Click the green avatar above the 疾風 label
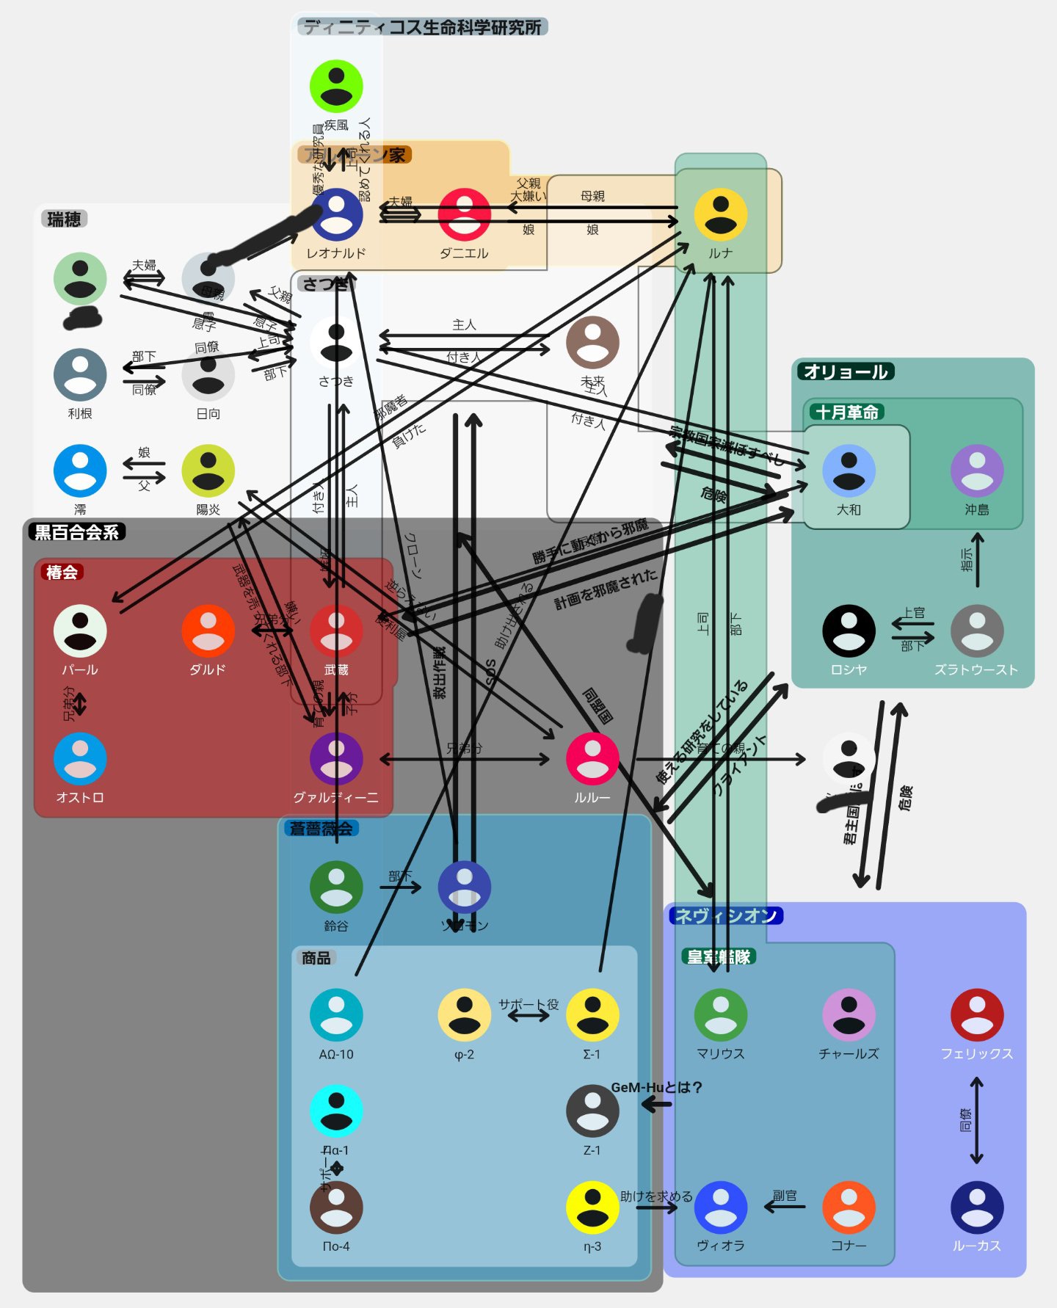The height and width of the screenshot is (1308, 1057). click(336, 86)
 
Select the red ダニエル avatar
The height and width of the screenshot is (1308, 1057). click(464, 214)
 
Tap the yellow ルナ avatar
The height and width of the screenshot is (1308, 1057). click(720, 214)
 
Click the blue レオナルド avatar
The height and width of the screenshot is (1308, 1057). click(336, 214)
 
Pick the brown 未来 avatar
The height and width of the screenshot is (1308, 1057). click(592, 343)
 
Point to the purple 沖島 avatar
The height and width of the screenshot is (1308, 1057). click(976, 470)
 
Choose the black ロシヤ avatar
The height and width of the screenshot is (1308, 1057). click(849, 631)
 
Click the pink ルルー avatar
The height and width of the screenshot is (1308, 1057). click(592, 759)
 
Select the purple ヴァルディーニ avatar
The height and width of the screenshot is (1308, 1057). click(336, 759)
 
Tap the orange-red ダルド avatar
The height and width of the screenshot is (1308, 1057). click(208, 631)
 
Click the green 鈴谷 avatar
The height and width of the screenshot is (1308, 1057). click(336, 887)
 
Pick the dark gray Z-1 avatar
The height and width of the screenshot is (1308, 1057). click(592, 1111)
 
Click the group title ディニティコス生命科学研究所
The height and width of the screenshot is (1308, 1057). click(422, 27)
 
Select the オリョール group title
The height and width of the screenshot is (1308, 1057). click(846, 372)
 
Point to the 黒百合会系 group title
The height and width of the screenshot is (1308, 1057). click(76, 532)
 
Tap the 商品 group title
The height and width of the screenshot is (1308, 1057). click(316, 958)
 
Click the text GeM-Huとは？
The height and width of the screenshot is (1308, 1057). click(657, 1087)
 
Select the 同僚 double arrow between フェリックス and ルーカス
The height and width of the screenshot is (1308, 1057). click(976, 1120)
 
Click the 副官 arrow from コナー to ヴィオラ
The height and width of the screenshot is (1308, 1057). click(785, 1206)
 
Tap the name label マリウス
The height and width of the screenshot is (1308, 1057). click(720, 1054)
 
